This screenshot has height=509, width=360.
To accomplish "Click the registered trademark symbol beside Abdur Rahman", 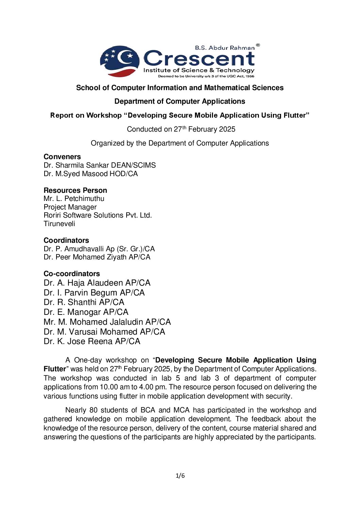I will click(258, 45).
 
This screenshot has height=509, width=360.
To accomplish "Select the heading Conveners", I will click(62, 157).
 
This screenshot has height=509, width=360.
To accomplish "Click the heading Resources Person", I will click(75, 190).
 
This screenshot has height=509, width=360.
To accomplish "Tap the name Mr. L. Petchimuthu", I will click(74, 199).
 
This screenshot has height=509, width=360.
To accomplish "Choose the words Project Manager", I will click(70, 207).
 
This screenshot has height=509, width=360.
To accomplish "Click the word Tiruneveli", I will click(59, 224).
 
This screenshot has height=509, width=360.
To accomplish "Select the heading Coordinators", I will click(66, 240).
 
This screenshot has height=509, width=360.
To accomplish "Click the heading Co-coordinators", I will click(72, 274).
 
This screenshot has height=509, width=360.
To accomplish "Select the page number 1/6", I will click(180, 476).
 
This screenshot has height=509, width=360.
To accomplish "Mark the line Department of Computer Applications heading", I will click(180, 101).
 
